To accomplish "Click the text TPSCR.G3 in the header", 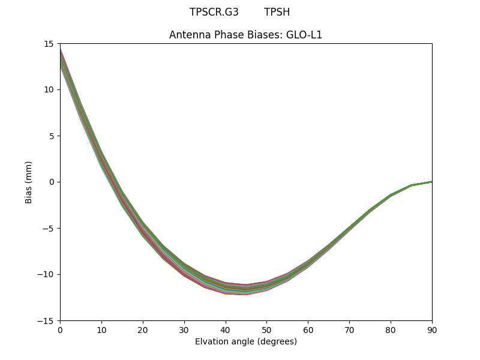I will click(x=214, y=12).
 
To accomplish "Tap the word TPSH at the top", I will click(x=277, y=12).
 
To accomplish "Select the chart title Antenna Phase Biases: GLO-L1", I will click(x=245, y=35).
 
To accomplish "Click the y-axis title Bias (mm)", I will click(x=29, y=182).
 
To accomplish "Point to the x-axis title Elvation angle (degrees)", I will click(x=245, y=341).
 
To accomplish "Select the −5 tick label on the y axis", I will click(x=50, y=228).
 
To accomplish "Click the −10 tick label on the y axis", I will click(x=47, y=274).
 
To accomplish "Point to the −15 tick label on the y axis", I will click(x=47, y=320).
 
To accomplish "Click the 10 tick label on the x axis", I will click(x=101, y=329).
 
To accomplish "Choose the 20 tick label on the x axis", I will click(x=143, y=329).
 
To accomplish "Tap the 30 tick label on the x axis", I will click(x=184, y=329).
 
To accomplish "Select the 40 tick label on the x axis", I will click(x=226, y=329).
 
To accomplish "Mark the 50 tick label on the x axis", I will click(x=266, y=329).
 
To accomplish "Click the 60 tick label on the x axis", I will click(x=308, y=329).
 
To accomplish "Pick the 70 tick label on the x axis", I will click(x=349, y=329).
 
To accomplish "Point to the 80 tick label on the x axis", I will click(x=391, y=329).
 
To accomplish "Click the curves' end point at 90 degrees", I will click(x=431, y=182).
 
